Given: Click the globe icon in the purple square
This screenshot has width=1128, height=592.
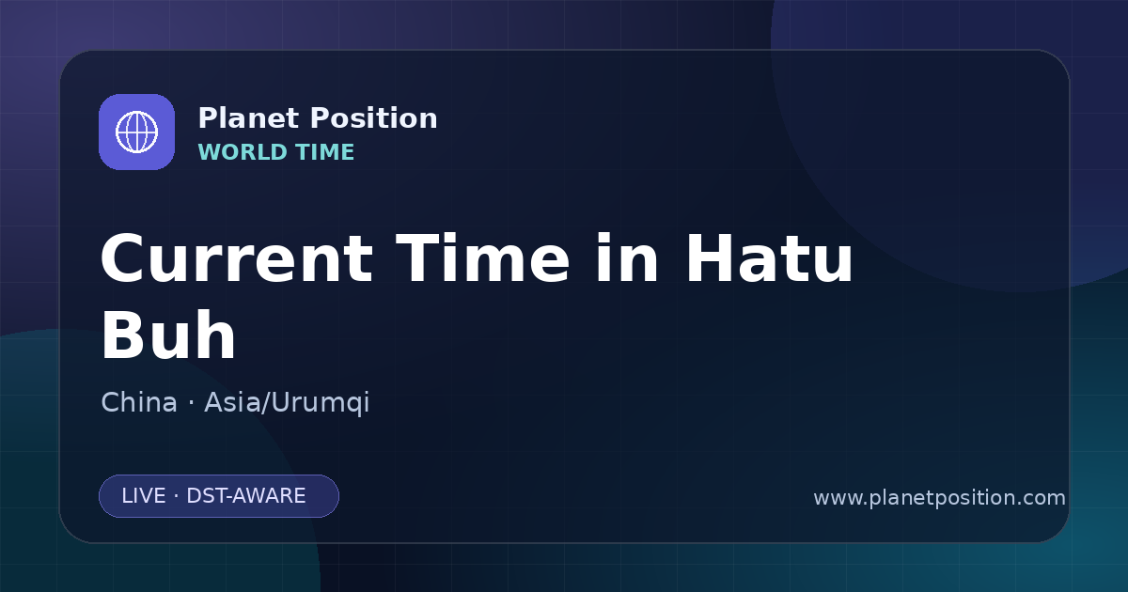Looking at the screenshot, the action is point(136,132).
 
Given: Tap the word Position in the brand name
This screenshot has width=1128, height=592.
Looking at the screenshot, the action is point(374,118).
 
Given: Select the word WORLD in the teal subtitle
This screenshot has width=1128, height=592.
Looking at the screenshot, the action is point(243,152).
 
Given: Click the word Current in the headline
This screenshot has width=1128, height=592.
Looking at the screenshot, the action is point(237,258).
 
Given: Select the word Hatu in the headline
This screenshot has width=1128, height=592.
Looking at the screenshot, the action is point(769,258).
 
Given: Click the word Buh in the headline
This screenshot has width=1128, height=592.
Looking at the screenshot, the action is point(168,335).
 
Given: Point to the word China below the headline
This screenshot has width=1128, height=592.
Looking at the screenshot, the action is point(139,402).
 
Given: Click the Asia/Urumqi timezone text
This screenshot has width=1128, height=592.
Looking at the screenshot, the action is point(287,403).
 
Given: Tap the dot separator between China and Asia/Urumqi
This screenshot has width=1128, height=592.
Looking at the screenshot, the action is point(191,403).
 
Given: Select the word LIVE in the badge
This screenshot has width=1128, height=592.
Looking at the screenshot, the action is point(144,496).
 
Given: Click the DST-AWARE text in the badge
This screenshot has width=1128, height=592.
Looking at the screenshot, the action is point(245,496).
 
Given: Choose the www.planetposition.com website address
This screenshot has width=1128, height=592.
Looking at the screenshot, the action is point(939,498).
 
